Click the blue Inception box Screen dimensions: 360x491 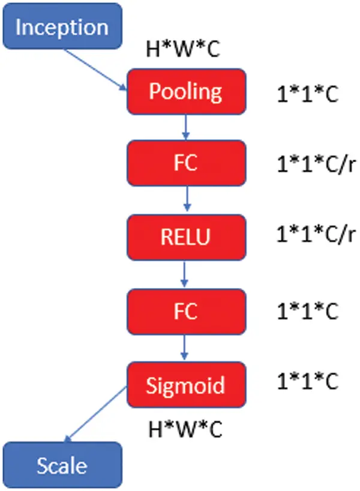[x=62, y=26]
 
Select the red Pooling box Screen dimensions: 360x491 [x=186, y=91]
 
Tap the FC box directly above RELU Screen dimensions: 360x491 [x=186, y=163]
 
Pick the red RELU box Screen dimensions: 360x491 [x=186, y=237]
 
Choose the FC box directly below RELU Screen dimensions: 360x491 [x=186, y=312]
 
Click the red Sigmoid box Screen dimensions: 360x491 [x=186, y=385]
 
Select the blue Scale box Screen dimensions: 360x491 [x=62, y=465]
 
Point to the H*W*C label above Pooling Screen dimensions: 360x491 [x=183, y=49]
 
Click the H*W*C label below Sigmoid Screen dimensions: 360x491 [x=185, y=429]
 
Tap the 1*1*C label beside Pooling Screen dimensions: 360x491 [x=308, y=94]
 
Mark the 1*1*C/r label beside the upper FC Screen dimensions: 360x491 [x=316, y=164]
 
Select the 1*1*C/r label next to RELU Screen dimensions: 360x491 [x=316, y=234]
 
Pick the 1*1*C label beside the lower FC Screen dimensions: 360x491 [x=308, y=311]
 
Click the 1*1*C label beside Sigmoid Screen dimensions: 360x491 [x=308, y=381]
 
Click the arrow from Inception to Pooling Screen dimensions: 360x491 [x=95, y=70]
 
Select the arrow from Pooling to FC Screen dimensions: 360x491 [x=186, y=127]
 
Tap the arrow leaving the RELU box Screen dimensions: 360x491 [x=184, y=274]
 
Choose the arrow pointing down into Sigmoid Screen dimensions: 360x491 [x=184, y=348]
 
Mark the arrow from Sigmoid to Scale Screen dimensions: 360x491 [x=96, y=414]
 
